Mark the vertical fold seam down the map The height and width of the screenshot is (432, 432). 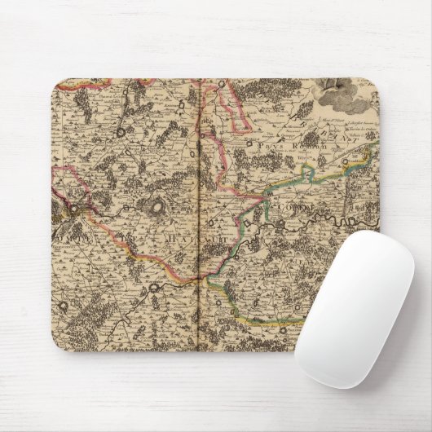pyautogui.click(x=200, y=212)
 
